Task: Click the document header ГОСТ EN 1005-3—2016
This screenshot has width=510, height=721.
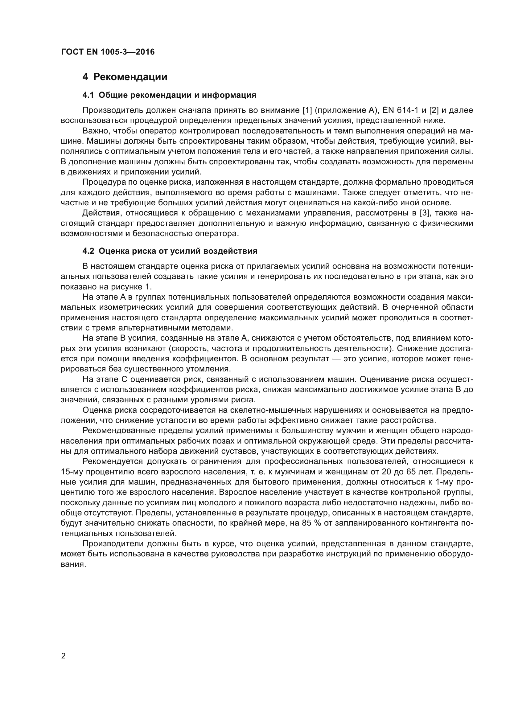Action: (x=108, y=52)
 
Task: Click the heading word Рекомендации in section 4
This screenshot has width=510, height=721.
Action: (x=130, y=77)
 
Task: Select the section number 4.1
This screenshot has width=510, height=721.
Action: (x=88, y=95)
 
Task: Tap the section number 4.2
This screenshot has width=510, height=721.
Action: (x=88, y=251)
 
